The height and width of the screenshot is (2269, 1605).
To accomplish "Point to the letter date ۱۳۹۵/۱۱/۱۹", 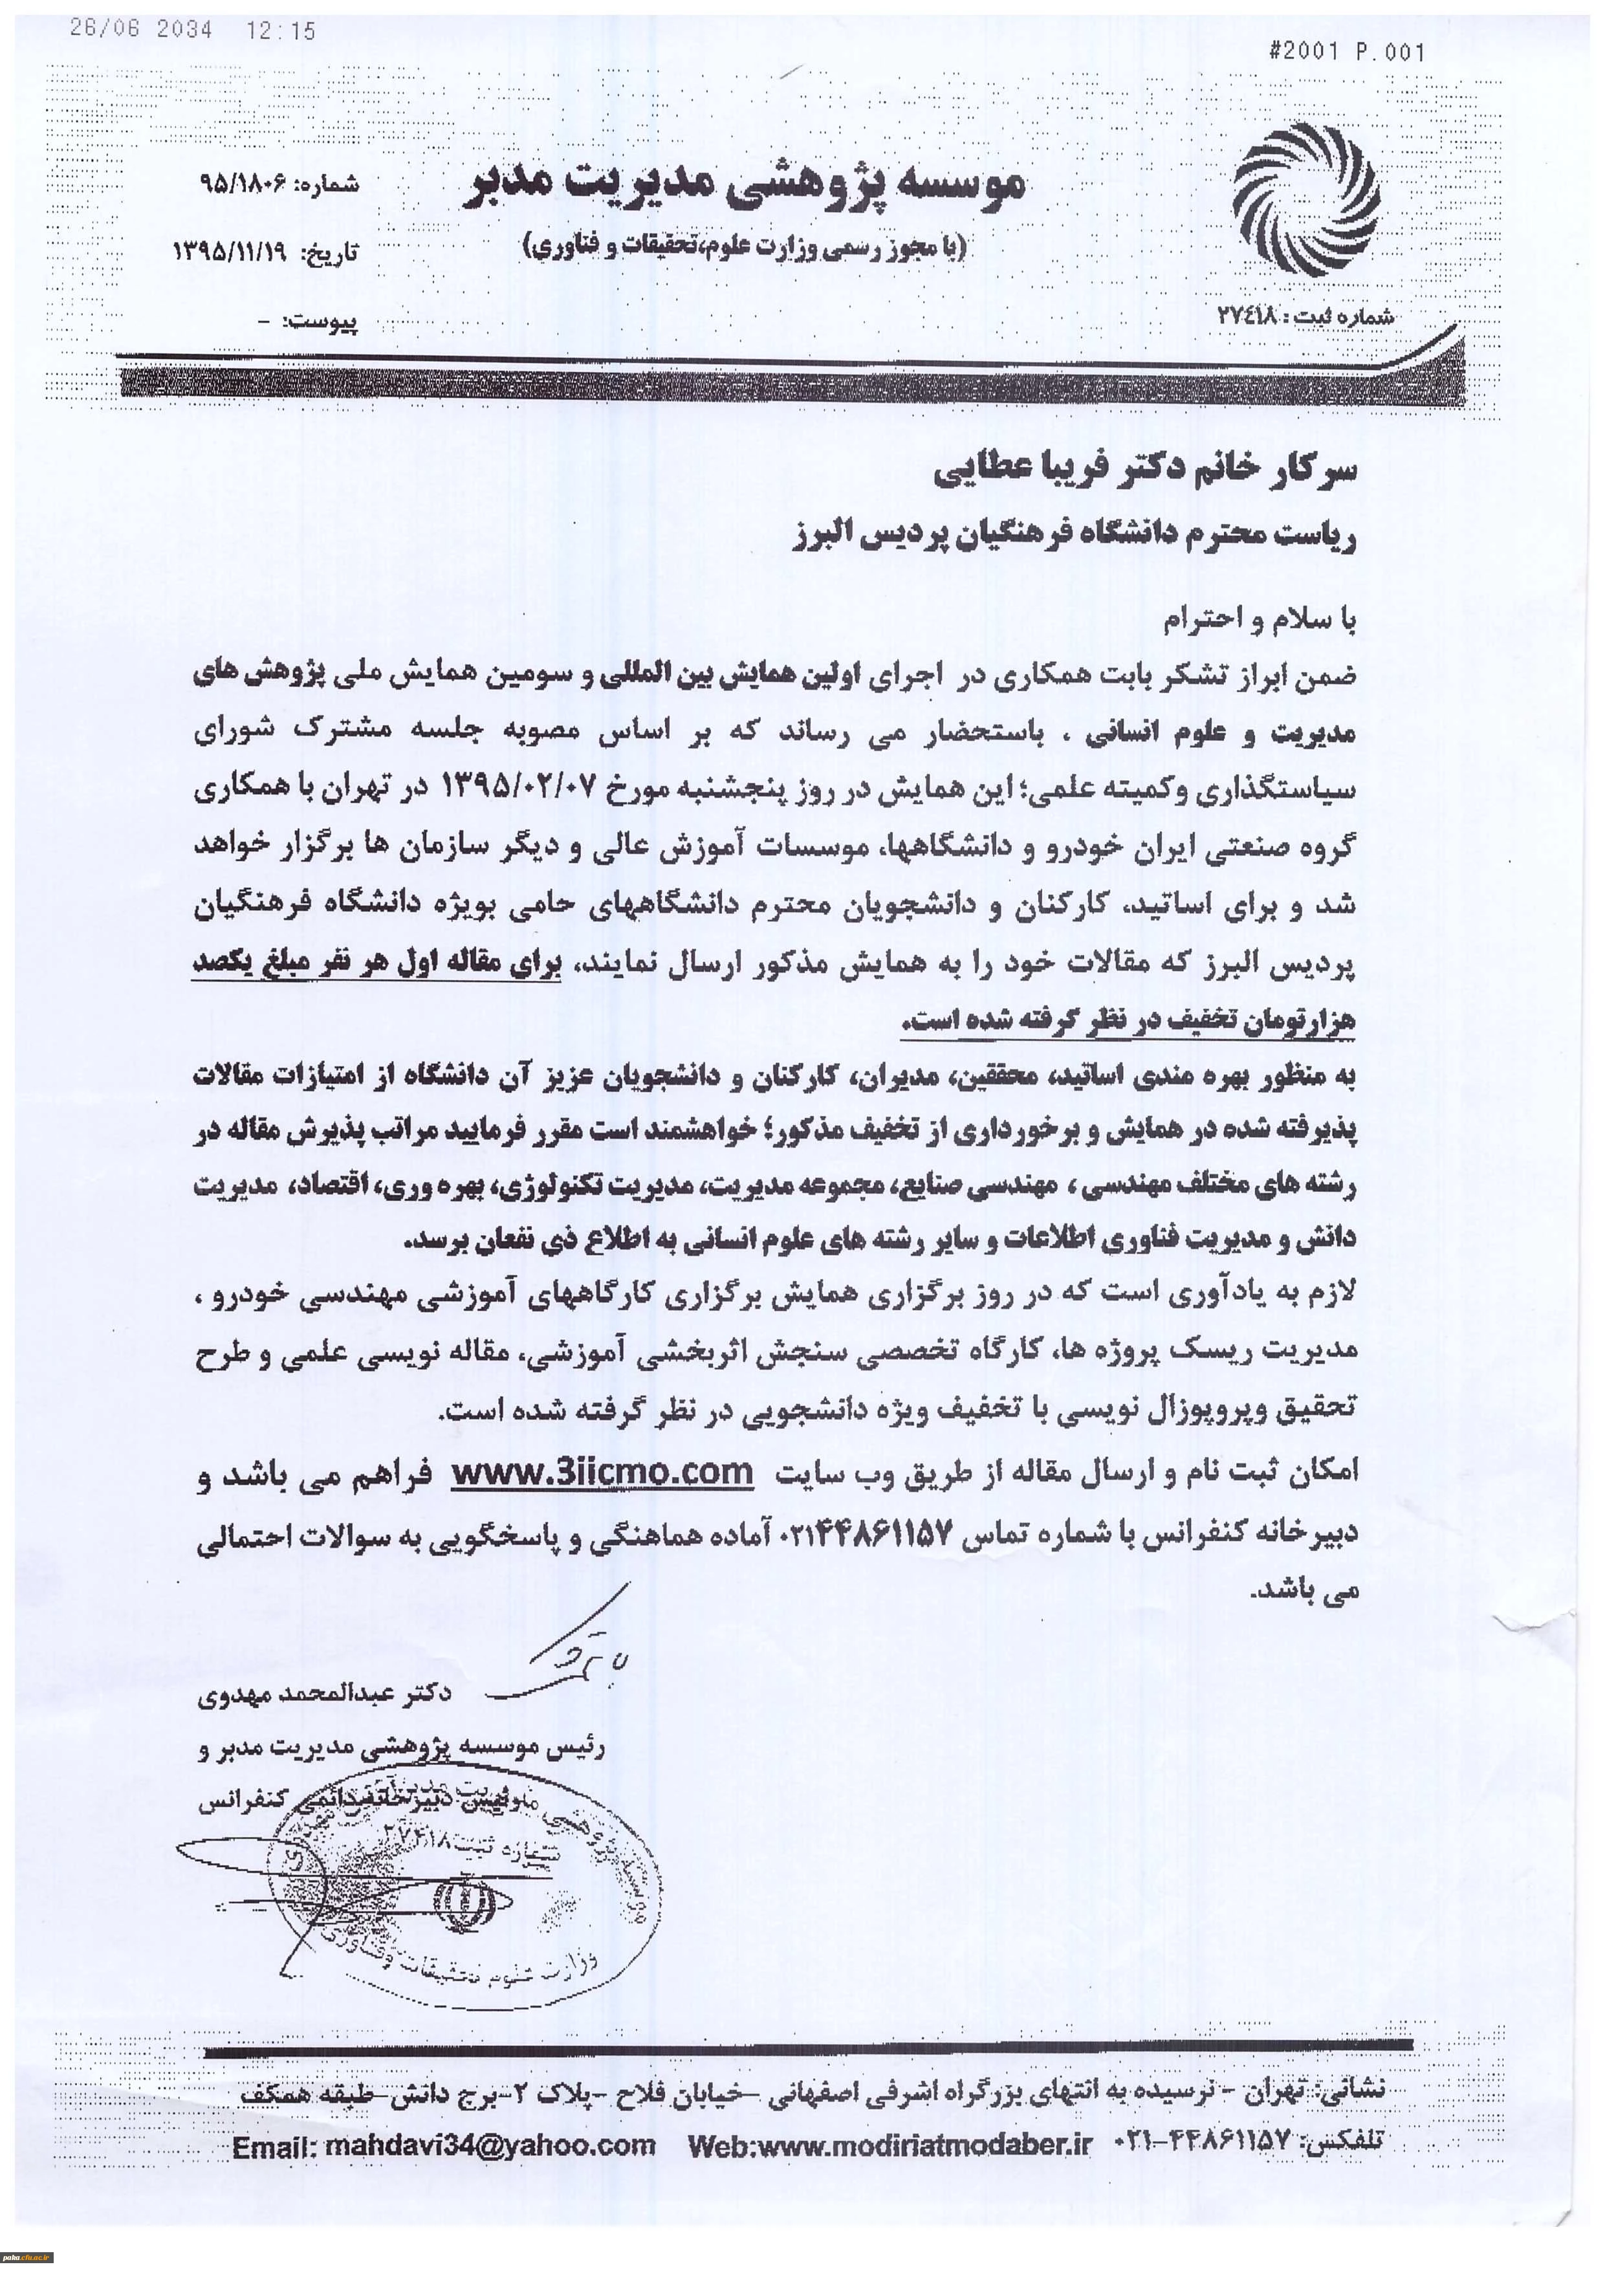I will pyautogui.click(x=229, y=251).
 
